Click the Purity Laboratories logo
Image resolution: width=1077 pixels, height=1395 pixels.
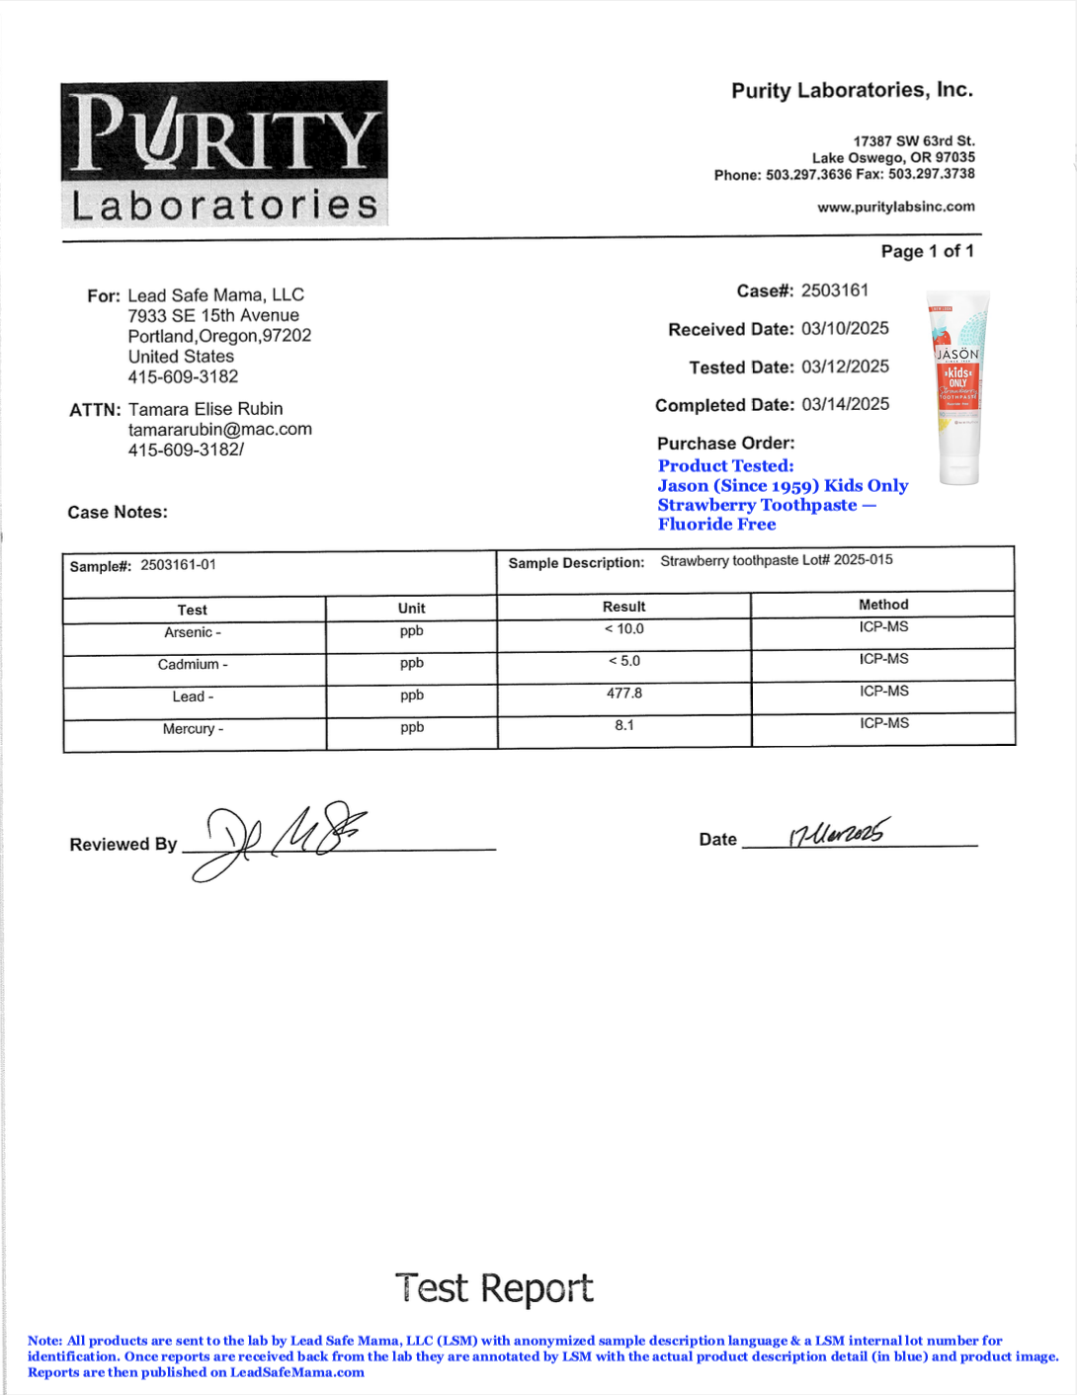click(x=224, y=153)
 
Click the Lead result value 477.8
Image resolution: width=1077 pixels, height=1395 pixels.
click(x=623, y=694)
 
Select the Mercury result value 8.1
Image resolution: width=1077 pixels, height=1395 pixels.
click(x=623, y=725)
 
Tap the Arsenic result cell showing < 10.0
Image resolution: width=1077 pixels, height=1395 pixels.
click(x=623, y=629)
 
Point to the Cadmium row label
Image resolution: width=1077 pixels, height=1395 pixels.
click(x=193, y=665)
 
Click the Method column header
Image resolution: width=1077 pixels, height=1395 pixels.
click(x=883, y=605)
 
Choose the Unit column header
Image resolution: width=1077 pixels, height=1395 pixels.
click(x=411, y=609)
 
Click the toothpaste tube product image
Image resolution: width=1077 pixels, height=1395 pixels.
click(x=956, y=387)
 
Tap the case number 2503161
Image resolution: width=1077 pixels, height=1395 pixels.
click(x=835, y=290)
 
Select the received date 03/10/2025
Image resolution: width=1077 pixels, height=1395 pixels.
click(x=845, y=328)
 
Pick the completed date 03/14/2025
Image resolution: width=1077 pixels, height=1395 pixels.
click(x=845, y=404)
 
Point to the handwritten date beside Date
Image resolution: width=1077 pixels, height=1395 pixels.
click(x=838, y=834)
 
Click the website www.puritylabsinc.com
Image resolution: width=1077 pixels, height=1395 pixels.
click(x=895, y=207)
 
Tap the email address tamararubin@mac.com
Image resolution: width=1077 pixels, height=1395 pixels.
click(x=219, y=430)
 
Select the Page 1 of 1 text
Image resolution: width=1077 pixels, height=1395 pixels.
click(x=927, y=251)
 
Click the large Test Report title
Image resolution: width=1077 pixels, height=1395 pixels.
click(x=494, y=1288)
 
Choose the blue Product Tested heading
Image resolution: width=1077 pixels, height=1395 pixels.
click(x=725, y=465)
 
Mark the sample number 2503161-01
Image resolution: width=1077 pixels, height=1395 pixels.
click(x=178, y=565)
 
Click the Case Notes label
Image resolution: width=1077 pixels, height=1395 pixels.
click(x=118, y=512)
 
